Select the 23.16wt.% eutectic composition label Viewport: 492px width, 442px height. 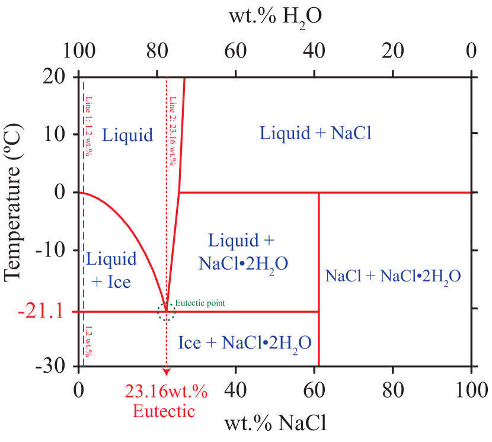pos(166,392)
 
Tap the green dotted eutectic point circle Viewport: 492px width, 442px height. pos(167,312)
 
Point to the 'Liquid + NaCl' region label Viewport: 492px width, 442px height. pos(315,133)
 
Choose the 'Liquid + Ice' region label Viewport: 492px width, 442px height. pos(111,270)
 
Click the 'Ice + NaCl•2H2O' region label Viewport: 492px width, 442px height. pos(245,343)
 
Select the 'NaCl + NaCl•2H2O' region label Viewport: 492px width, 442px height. pos(394,276)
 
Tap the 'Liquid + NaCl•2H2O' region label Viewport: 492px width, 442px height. pos(243,252)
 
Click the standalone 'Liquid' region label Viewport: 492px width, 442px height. pos(127,135)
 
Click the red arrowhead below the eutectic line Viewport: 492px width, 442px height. pos(167,371)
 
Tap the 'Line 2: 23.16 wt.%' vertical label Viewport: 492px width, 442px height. pos(173,130)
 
